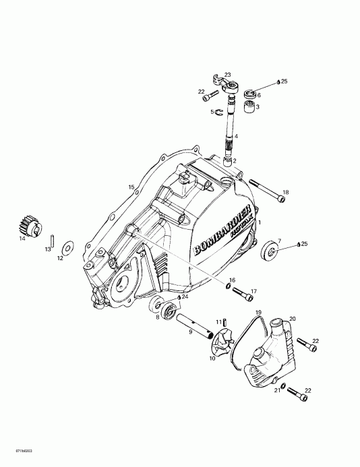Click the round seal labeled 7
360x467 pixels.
pyautogui.click(x=271, y=249)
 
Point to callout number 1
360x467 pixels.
pyautogui.click(x=260, y=222)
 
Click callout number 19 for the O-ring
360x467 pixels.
pyautogui.click(x=258, y=313)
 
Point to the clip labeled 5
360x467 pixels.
pyautogui.click(x=217, y=112)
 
